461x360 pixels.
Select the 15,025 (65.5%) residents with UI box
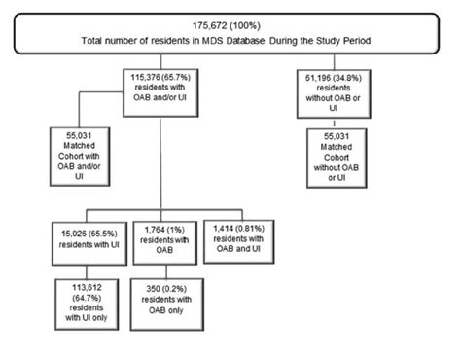coord(89,235)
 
